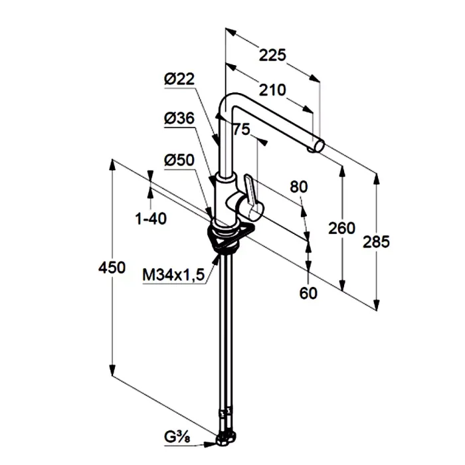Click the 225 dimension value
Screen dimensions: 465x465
[272, 56]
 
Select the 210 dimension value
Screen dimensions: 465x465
[272, 89]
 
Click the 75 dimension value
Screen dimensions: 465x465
[241, 130]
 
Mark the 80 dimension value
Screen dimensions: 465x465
[299, 187]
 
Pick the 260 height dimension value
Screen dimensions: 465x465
[342, 228]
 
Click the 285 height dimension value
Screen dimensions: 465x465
[377, 241]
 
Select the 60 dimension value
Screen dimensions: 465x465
[308, 292]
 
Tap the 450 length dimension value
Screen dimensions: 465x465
[112, 268]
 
